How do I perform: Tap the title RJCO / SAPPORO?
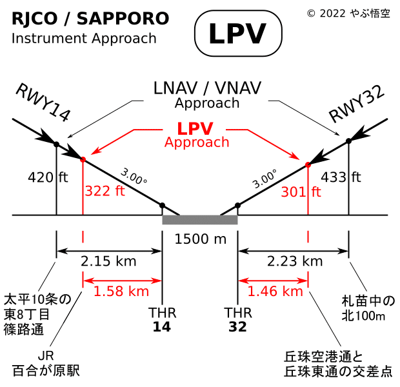pyautogui.click(x=90, y=19)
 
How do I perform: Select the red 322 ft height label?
pyautogui.click(x=105, y=190)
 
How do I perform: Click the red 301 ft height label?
pyautogui.click(x=301, y=192)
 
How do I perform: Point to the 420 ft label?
pyautogui.click(x=48, y=177)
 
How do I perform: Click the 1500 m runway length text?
pyautogui.click(x=201, y=239)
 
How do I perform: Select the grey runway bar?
pyautogui.click(x=200, y=220)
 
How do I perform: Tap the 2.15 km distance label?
pyautogui.click(x=108, y=261)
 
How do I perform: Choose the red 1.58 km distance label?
pyautogui.click(x=121, y=291)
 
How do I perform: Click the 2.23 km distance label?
pyautogui.click(x=294, y=261)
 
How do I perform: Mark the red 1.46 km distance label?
pyautogui.click(x=275, y=291)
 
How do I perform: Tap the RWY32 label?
pyautogui.click(x=356, y=103)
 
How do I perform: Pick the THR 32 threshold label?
pyautogui.click(x=237, y=319)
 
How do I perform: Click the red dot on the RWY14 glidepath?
pyautogui.click(x=83, y=159)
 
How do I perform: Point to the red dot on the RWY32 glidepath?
pyautogui.click(x=308, y=165)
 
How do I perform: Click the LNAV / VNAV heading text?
pyautogui.click(x=206, y=88)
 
